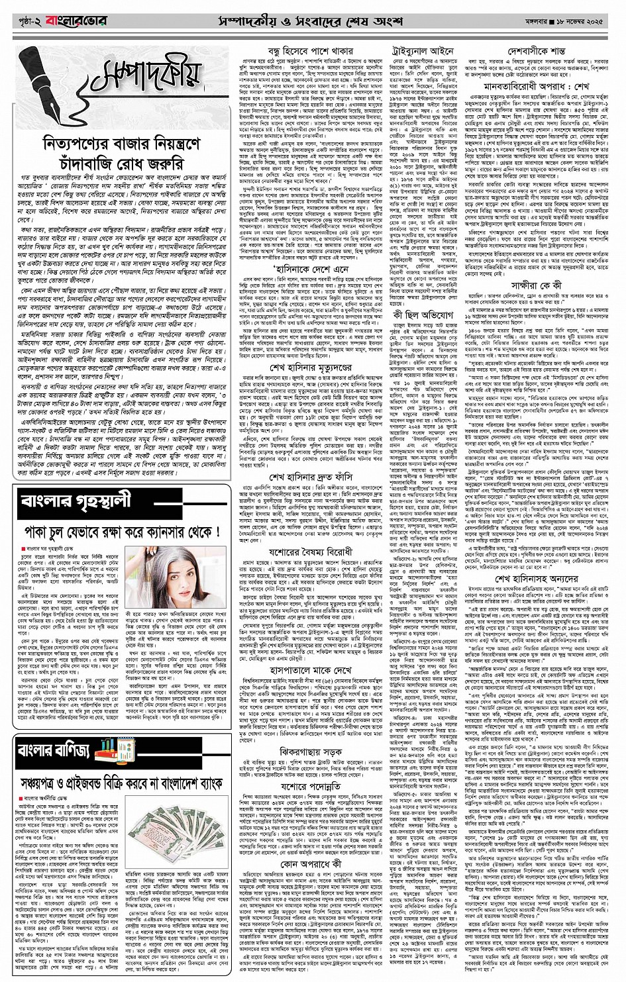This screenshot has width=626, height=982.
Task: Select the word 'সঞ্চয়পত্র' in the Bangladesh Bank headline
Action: click(x=46, y=784)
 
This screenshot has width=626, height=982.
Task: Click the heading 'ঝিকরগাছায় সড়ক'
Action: click(x=310, y=752)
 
